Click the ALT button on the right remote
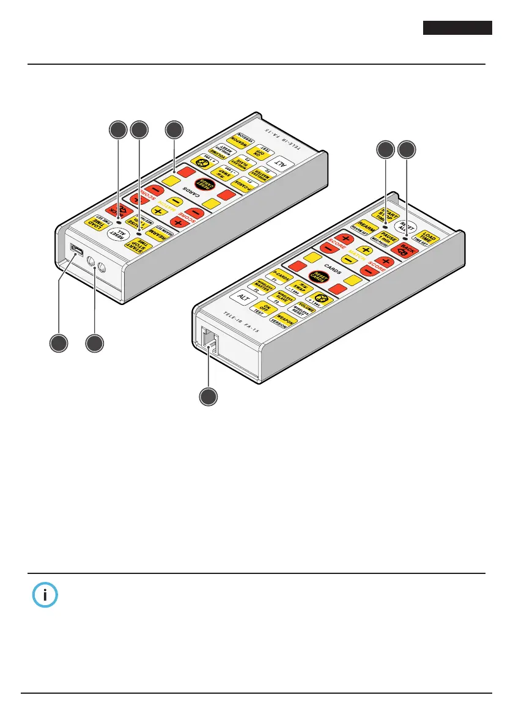[x=240, y=298]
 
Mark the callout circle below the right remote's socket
[x=209, y=397]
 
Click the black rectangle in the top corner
[x=457, y=28]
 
